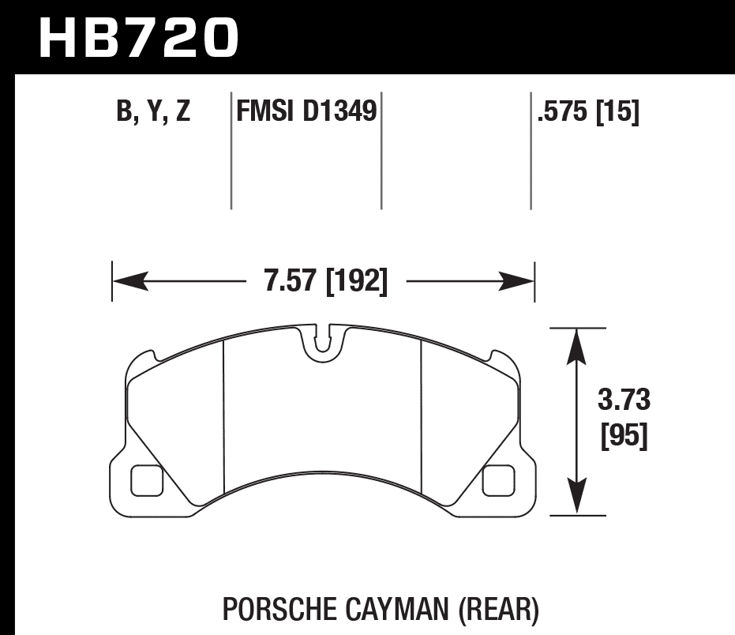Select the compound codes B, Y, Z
[153, 112]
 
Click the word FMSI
[265, 112]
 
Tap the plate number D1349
[337, 112]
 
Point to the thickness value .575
[563, 112]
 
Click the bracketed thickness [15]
[617, 112]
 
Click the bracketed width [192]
[356, 281]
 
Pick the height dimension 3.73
[624, 401]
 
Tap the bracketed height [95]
[624, 436]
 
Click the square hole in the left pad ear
[146, 480]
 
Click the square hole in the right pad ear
[498, 480]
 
